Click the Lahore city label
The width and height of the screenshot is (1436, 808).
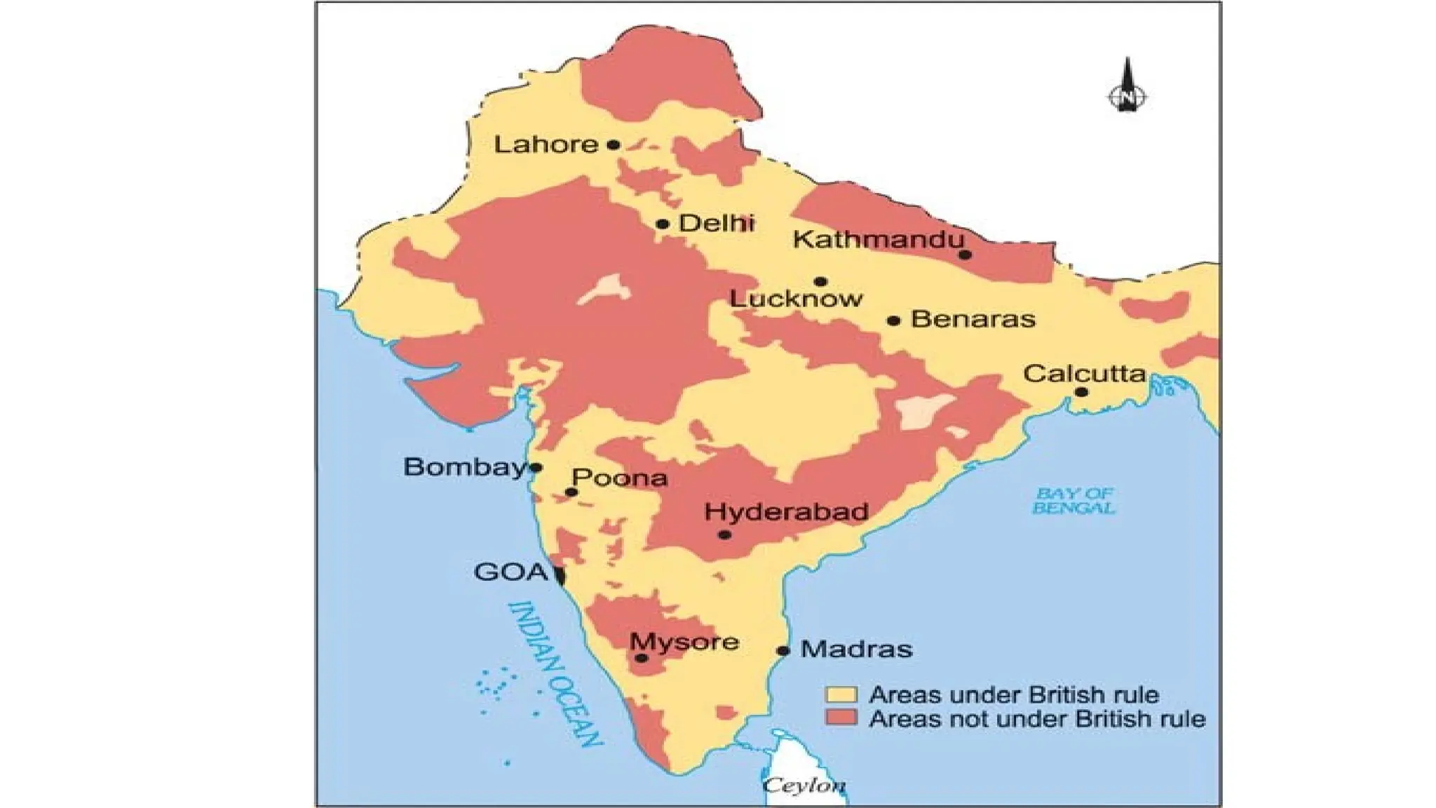point(546,144)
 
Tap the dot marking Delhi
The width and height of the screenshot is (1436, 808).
point(663,224)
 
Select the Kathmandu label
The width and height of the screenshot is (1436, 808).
point(878,239)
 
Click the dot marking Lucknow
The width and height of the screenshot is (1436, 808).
point(820,282)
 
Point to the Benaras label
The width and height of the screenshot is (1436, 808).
point(973,319)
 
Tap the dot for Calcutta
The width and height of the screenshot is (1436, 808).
point(1081,392)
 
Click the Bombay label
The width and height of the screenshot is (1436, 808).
point(464,466)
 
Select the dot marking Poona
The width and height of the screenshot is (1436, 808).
point(571,492)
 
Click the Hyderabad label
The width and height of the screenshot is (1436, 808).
point(786,511)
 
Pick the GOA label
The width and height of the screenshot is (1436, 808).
point(510,572)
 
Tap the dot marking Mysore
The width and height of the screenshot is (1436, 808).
point(641,658)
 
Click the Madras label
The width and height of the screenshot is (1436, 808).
point(856,649)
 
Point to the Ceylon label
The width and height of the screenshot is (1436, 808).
point(804,785)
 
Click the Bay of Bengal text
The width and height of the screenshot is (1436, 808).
point(1073,501)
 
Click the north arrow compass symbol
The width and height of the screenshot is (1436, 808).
point(1127,88)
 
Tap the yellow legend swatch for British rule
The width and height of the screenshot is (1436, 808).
point(840,694)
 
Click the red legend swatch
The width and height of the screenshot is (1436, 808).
point(840,718)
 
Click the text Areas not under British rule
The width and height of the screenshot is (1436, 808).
point(1036,719)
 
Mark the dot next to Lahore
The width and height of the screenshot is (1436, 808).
point(614,145)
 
